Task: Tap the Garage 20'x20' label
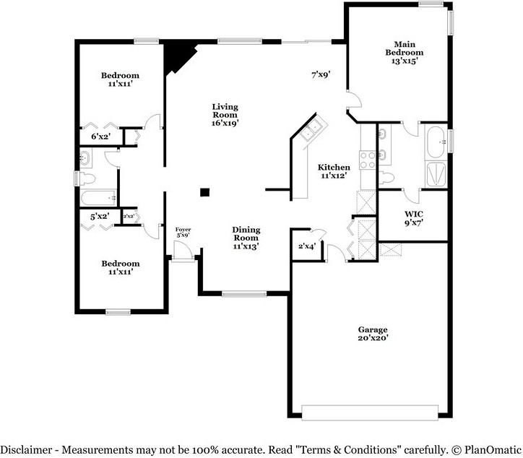pyautogui.click(x=372, y=333)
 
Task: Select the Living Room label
pyautogui.click(x=225, y=115)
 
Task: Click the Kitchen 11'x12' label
pyautogui.click(x=334, y=171)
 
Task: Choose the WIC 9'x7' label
pyautogui.click(x=414, y=217)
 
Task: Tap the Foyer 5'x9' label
pyautogui.click(x=183, y=232)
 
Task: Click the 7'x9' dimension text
pyautogui.click(x=321, y=74)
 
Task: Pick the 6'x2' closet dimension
pyautogui.click(x=100, y=137)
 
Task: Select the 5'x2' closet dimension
pyautogui.click(x=100, y=216)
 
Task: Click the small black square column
pyautogui.click(x=205, y=192)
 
